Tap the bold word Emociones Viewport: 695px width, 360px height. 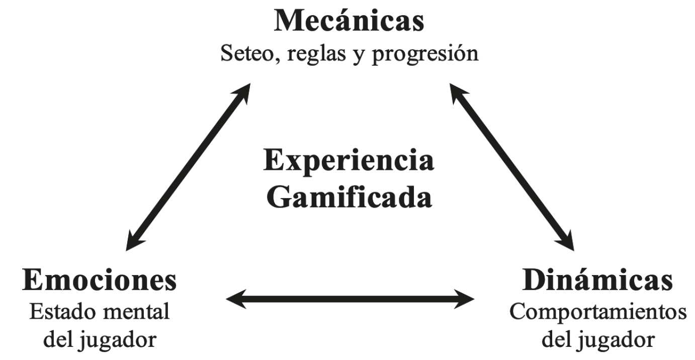100,281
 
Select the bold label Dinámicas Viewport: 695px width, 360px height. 597,281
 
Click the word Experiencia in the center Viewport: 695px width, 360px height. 349,161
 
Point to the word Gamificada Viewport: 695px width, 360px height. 349,197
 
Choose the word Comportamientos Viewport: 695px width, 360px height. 597,312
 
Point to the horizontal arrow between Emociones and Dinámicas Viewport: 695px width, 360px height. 350,300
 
